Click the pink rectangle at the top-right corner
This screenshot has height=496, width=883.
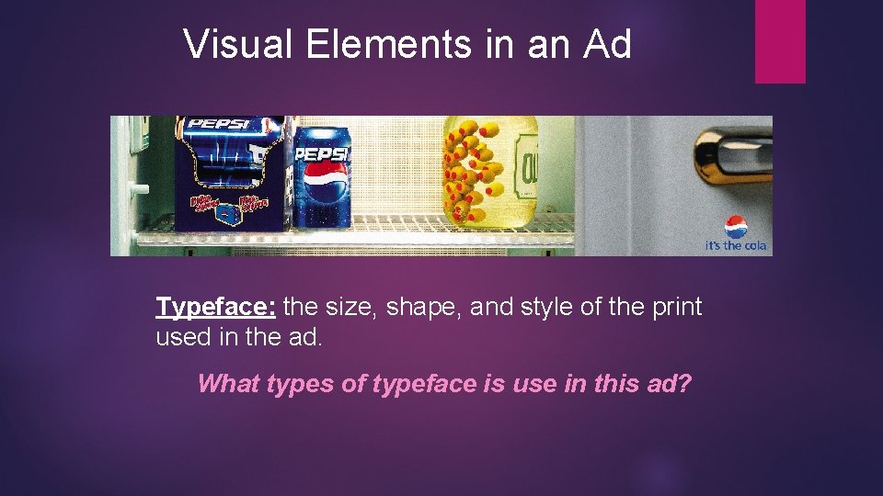(780, 41)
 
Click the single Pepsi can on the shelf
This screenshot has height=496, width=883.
(322, 178)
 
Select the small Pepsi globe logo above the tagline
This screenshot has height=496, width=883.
(736, 227)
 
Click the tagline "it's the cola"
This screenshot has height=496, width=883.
(735, 246)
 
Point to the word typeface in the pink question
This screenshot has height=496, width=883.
(424, 384)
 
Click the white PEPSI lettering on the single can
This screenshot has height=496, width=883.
(323, 153)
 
